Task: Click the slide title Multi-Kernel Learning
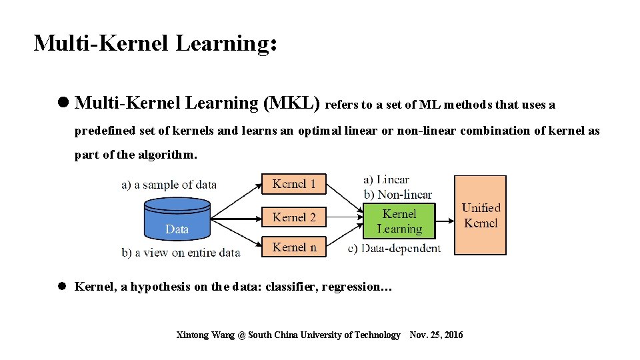(x=155, y=43)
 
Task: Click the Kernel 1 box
(x=294, y=184)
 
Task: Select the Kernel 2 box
(x=294, y=217)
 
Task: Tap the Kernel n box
(x=294, y=247)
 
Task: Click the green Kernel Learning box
(x=399, y=221)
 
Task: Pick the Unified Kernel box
(x=480, y=215)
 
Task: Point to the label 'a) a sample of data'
(x=169, y=185)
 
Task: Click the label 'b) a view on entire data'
(x=180, y=253)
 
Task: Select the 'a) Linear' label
(x=386, y=179)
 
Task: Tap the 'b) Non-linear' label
(x=397, y=195)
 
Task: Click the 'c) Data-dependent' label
(x=394, y=249)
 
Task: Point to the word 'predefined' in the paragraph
(x=102, y=131)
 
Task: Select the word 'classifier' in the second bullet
(x=291, y=287)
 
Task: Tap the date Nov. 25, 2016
(x=436, y=335)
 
